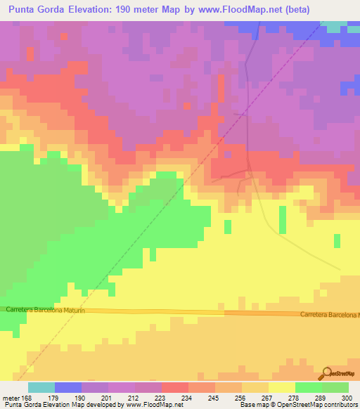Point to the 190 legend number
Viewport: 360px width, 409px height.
click(82, 398)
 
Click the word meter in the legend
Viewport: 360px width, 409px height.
click(11, 398)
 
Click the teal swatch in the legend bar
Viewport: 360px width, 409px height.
click(41, 387)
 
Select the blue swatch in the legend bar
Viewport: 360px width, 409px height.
click(68, 387)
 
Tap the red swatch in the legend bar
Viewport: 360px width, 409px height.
click(175, 387)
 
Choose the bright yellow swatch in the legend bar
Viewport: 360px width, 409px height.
click(282, 387)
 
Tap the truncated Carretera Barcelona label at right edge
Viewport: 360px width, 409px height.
click(329, 314)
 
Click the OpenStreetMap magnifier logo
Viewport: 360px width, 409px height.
click(326, 373)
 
